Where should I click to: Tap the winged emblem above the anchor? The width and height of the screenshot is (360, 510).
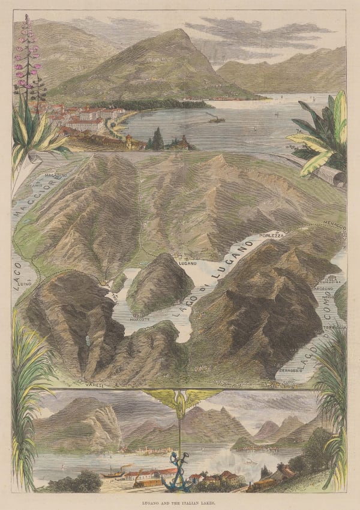click(179, 401)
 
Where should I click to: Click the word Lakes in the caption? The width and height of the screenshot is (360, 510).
click(212, 500)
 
